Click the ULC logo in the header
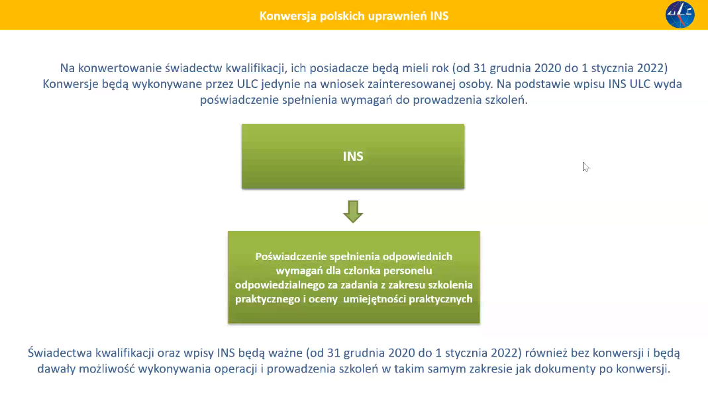680,15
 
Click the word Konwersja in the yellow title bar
287,17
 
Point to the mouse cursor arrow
585,167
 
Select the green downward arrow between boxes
352,211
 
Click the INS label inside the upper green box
352,156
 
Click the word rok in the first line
440,68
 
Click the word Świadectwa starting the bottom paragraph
60,353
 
